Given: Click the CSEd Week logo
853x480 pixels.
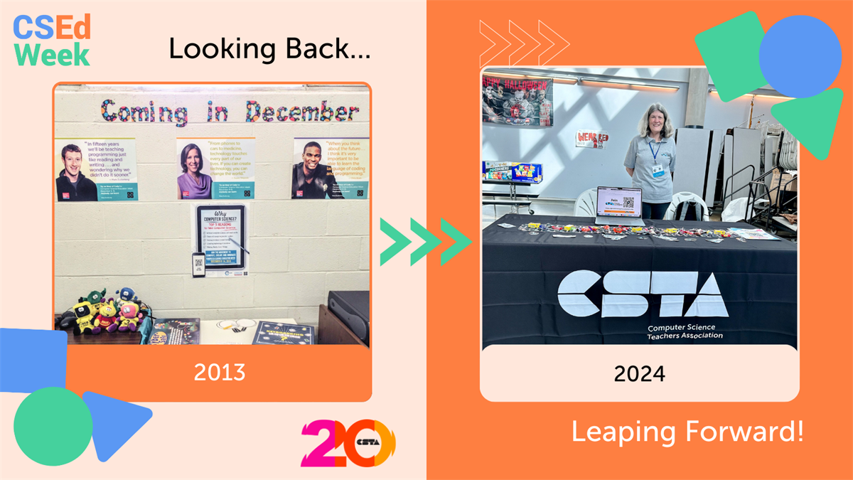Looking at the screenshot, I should pyautogui.click(x=52, y=41).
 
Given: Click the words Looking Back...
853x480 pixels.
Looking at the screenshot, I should pyautogui.click(x=270, y=48).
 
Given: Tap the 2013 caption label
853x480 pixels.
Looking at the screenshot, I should pyautogui.click(x=220, y=372).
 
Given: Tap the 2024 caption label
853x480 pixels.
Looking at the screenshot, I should pyautogui.click(x=639, y=373).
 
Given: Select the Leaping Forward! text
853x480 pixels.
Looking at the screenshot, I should pyautogui.click(x=687, y=432).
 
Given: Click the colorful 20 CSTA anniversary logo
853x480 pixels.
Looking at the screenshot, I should pyautogui.click(x=348, y=442).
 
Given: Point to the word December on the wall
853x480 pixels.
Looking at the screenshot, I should pyautogui.click(x=302, y=112).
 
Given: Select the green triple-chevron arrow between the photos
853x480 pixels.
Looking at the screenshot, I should pyautogui.click(x=426, y=242).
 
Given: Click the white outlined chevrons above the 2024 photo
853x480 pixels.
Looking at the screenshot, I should pyautogui.click(x=524, y=43).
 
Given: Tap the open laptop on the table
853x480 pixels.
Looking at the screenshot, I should pyautogui.click(x=618, y=204).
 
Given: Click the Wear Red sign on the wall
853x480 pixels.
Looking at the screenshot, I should pyautogui.click(x=592, y=139).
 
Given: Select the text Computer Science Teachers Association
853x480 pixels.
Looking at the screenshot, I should pyautogui.click(x=685, y=331).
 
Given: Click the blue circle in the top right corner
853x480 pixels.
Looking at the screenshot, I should pyautogui.click(x=800, y=57).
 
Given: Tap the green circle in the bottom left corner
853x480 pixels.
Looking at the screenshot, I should pyautogui.click(x=53, y=426).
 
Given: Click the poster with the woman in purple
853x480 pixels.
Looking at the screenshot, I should pyautogui.click(x=215, y=169).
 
